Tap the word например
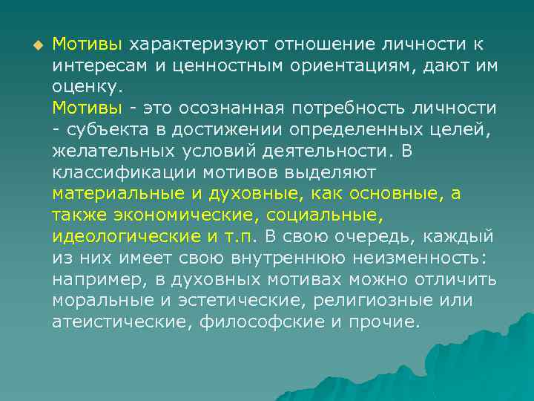click(x=89, y=279)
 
